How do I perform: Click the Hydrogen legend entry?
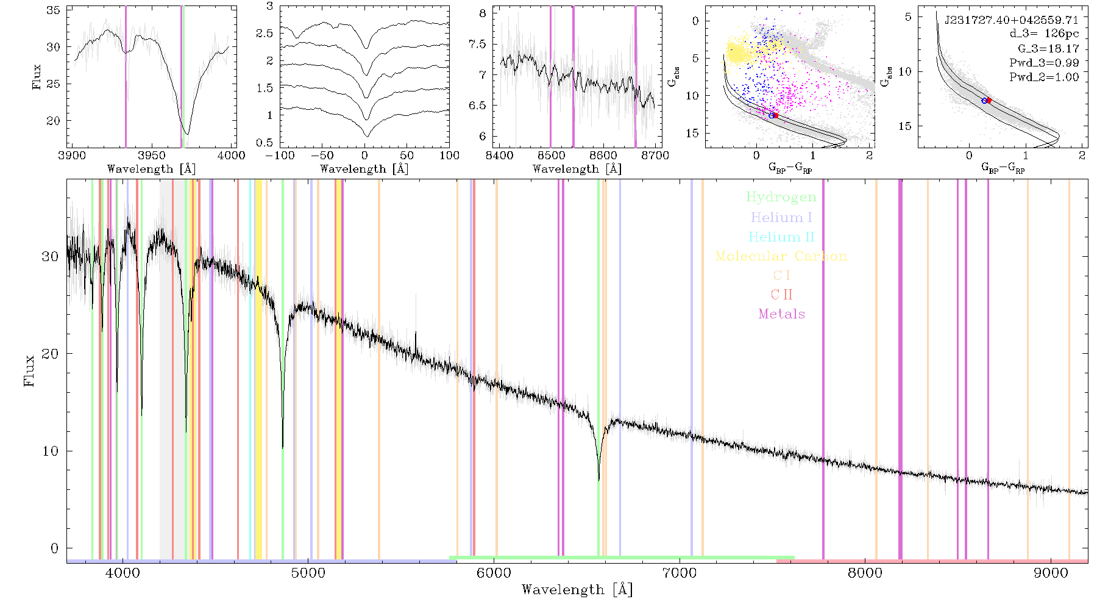pyautogui.click(x=781, y=198)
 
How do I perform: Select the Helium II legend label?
pyautogui.click(x=781, y=237)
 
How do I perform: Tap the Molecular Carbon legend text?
pyautogui.click(x=781, y=256)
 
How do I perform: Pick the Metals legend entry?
pyautogui.click(x=781, y=314)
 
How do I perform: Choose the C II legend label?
pyautogui.click(x=781, y=295)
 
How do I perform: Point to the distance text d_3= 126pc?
pyautogui.click(x=1045, y=34)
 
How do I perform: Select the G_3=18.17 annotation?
pyautogui.click(x=1048, y=49)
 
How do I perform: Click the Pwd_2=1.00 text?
pyautogui.click(x=1044, y=77)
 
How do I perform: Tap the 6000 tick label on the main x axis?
pyautogui.click(x=494, y=573)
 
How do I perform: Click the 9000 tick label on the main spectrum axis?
pyautogui.click(x=1051, y=573)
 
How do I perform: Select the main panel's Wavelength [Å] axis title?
pyautogui.click(x=577, y=590)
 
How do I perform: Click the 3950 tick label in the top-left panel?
pyautogui.click(x=152, y=156)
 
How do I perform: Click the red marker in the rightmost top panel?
pyautogui.click(x=989, y=100)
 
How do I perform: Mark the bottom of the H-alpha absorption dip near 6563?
pyautogui.click(x=598, y=480)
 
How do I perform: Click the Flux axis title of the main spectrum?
pyautogui.click(x=29, y=370)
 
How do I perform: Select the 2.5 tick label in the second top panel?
pyautogui.click(x=264, y=34)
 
